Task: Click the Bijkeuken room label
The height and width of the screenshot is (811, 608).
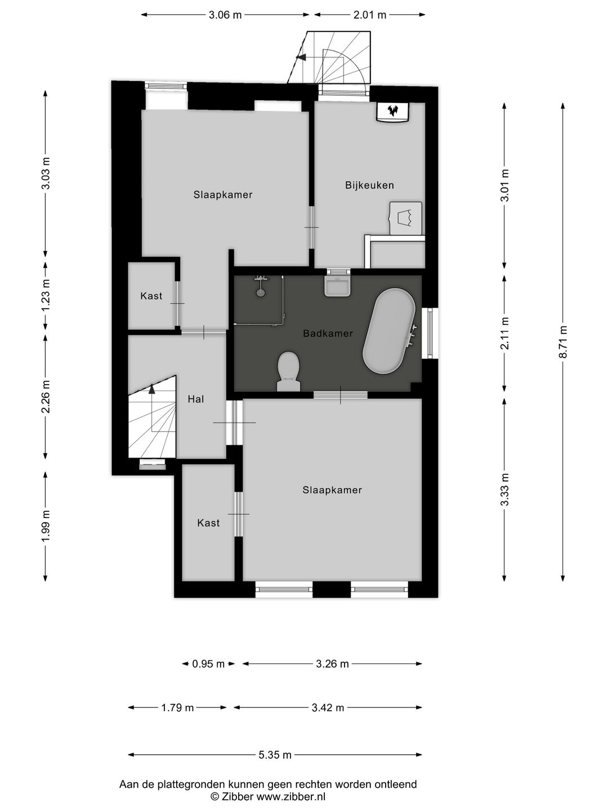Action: (x=369, y=185)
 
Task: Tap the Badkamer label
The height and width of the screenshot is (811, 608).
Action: (x=328, y=333)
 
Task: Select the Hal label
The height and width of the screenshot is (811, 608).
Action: (x=196, y=399)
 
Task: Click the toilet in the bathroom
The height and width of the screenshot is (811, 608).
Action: (x=288, y=371)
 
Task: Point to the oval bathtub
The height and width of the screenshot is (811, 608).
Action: (x=390, y=330)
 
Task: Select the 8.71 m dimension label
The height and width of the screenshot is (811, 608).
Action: (x=562, y=342)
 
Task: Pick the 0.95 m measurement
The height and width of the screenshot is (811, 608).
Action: (x=208, y=664)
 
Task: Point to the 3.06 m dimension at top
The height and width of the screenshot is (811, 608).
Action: (x=225, y=15)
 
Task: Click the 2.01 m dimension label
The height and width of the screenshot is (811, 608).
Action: (x=369, y=15)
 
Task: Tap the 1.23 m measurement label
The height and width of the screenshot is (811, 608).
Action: (x=46, y=296)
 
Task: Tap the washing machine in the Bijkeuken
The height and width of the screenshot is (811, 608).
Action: (x=406, y=218)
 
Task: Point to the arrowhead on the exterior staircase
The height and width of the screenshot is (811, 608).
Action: (x=301, y=57)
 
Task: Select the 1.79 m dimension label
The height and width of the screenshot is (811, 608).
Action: (x=177, y=707)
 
